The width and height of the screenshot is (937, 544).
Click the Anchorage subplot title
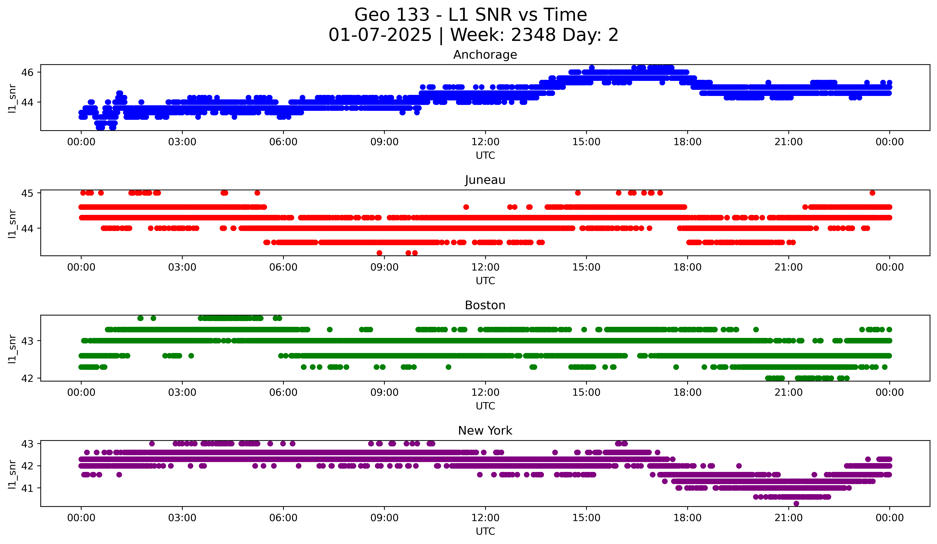(485, 55)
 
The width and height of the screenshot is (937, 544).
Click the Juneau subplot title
(485, 180)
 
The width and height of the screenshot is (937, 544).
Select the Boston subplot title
(485, 305)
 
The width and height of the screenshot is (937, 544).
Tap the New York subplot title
(485, 431)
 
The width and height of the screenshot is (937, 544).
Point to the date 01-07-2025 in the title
(380, 35)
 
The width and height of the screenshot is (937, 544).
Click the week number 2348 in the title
(533, 35)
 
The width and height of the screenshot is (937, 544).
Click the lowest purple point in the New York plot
(796, 503)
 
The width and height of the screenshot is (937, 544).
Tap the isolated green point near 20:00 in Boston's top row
(756, 329)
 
